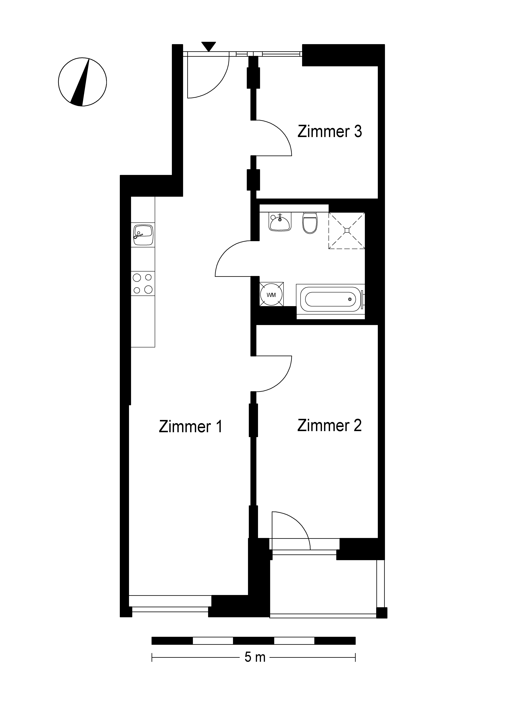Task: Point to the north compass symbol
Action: point(82,82)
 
